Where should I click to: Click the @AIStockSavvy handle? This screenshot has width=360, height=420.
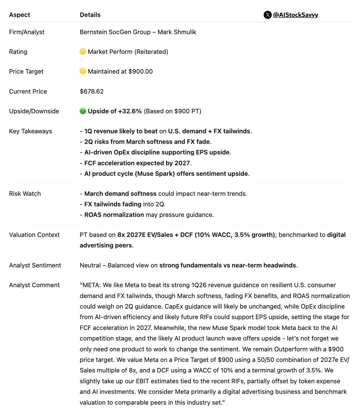pyautogui.click(x=295, y=15)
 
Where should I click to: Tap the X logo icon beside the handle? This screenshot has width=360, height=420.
pyautogui.click(x=267, y=15)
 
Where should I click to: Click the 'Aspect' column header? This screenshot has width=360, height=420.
pyautogui.click(x=20, y=15)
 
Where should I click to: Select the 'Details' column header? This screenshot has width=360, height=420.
pyautogui.click(x=90, y=15)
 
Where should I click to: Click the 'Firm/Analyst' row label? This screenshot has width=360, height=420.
pyautogui.click(x=27, y=32)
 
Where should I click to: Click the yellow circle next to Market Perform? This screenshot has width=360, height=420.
pyautogui.click(x=83, y=51)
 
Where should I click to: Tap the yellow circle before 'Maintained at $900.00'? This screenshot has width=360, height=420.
pyautogui.click(x=83, y=71)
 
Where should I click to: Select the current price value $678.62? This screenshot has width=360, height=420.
pyautogui.click(x=92, y=91)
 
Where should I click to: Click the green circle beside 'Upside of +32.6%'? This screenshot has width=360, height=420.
pyautogui.click(x=83, y=111)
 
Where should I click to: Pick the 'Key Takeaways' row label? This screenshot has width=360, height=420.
pyautogui.click(x=30, y=131)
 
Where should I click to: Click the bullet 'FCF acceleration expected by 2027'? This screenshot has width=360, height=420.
pyautogui.click(x=138, y=163)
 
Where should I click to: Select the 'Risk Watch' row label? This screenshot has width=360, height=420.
pyautogui.click(x=25, y=194)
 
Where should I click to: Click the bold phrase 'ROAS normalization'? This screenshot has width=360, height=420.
pyautogui.click(x=114, y=215)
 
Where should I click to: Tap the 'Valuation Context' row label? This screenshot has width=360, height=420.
pyautogui.click(x=34, y=234)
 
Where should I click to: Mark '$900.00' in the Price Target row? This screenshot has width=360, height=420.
pyautogui.click(x=141, y=71)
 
